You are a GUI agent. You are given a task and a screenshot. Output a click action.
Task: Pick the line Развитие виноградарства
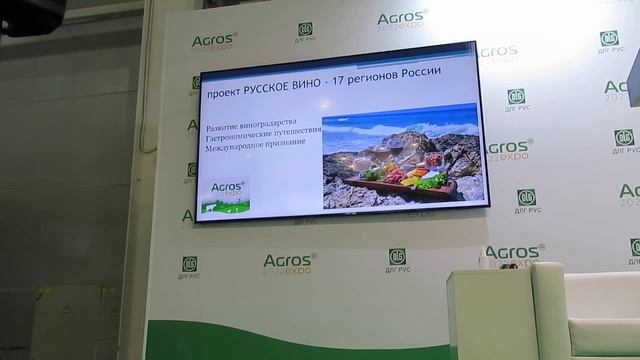coord(249,128)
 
